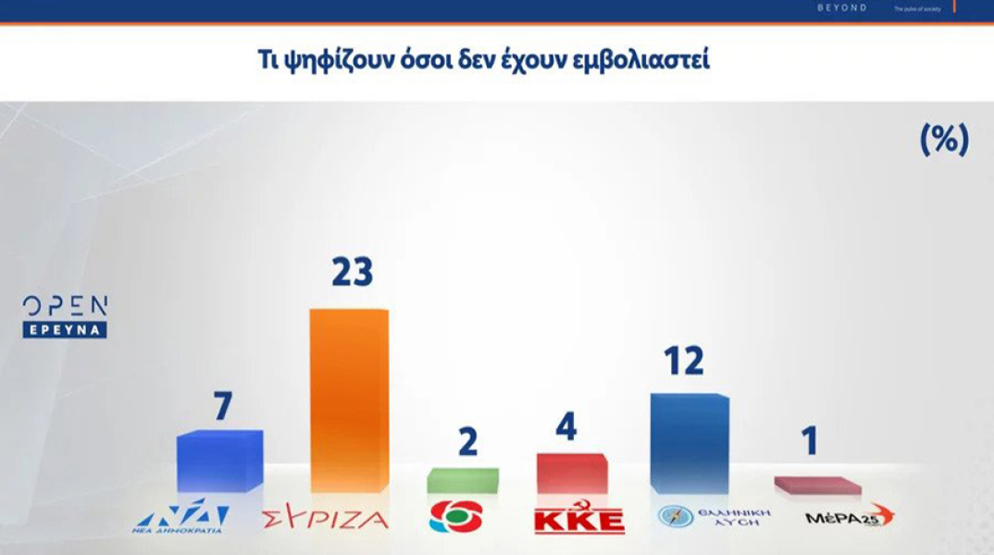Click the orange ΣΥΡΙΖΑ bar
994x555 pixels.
[348, 401]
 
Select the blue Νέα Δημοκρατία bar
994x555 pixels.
[219, 461]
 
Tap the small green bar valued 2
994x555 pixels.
[463, 480]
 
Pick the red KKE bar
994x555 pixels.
[572, 473]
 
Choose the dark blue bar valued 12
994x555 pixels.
[690, 443]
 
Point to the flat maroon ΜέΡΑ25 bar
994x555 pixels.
[816, 486]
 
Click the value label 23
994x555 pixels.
[352, 272]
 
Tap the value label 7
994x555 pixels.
[222, 406]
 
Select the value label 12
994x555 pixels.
[683, 361]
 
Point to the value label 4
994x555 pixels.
[566, 426]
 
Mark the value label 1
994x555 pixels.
[810, 441]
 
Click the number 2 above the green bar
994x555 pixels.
[467, 442]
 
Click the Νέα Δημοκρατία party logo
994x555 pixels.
[180, 518]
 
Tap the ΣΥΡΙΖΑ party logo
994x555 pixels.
[326, 519]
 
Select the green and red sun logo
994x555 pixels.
[455, 516]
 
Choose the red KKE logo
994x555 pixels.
[579, 519]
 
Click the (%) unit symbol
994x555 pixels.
[943, 140]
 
